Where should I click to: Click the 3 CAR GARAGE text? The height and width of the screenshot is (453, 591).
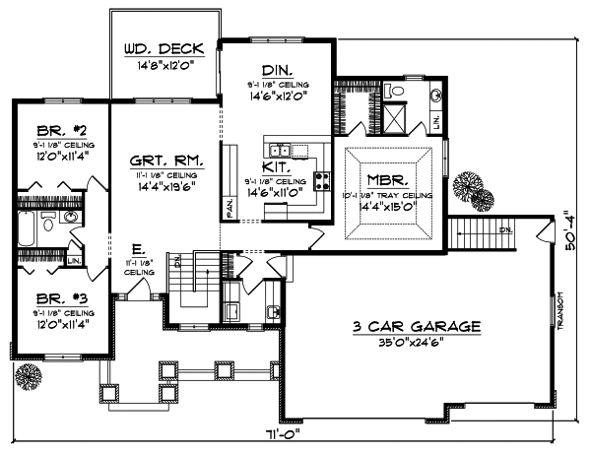414,325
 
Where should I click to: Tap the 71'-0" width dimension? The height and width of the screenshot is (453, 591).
289,433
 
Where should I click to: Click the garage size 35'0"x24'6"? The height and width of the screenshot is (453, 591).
414,344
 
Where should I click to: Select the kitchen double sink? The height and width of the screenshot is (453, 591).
282,150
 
